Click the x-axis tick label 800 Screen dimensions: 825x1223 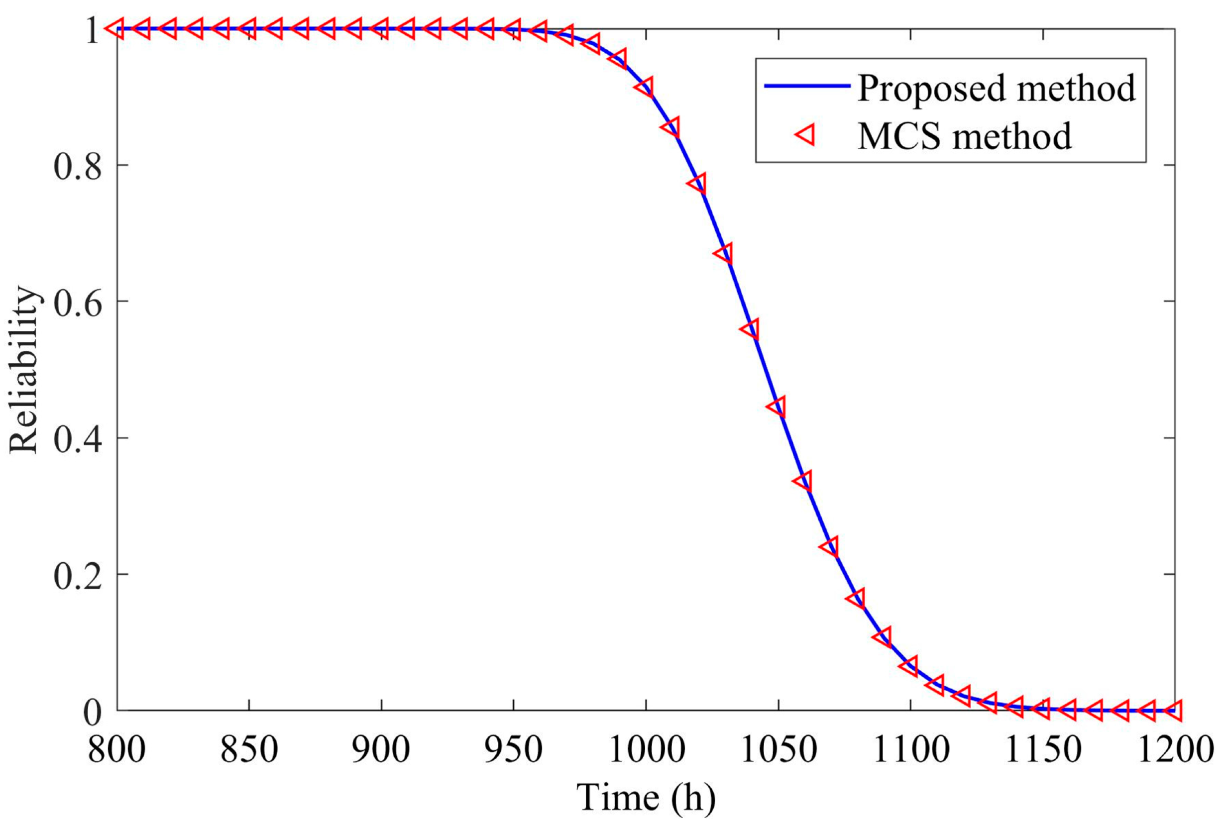point(116,751)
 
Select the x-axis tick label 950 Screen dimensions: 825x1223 point(513,751)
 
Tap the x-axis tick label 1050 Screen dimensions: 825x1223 point(778,751)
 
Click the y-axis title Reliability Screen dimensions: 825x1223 point(24,369)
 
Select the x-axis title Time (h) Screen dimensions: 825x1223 point(646,796)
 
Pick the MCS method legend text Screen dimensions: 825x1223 point(965,136)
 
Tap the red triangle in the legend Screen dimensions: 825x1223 point(807,136)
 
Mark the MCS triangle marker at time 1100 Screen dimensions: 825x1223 point(909,666)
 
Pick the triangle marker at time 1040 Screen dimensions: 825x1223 point(751,329)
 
